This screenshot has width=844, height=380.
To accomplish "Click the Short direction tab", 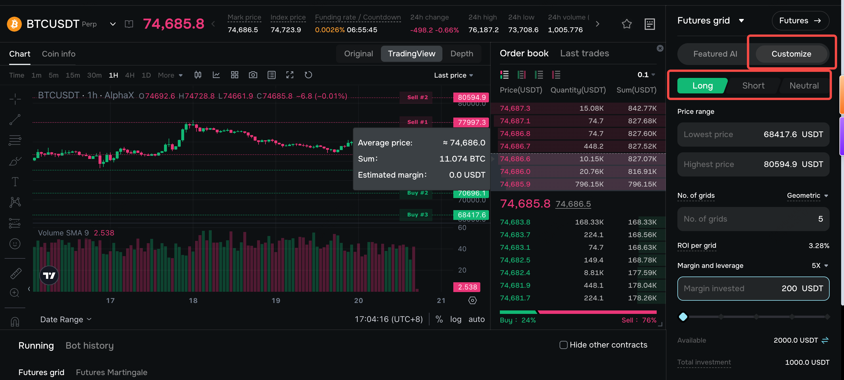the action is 753,86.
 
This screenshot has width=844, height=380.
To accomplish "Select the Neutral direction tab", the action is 804,86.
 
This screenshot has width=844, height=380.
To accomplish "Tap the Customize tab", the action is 791,54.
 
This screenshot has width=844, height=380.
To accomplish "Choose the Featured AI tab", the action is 715,54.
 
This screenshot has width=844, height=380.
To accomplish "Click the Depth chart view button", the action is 461,53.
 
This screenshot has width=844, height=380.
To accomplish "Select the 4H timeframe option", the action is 130,75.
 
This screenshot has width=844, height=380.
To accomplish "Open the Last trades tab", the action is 584,53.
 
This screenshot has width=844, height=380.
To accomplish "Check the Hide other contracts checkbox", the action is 563,345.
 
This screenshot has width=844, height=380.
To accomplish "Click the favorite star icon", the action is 627,24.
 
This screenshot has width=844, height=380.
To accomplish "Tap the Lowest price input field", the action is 753,135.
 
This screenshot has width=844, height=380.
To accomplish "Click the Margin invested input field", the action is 753,289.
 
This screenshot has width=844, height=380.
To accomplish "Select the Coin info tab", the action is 59,54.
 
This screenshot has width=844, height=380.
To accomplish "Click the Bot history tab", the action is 89,345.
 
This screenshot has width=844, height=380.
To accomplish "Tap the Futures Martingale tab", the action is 111,372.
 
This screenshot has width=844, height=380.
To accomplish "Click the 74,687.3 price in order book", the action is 515,108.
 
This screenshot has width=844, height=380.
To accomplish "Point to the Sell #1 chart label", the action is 417,122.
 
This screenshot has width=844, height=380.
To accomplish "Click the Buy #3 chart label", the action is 417,214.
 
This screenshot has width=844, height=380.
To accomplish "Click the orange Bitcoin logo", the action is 14,24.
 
